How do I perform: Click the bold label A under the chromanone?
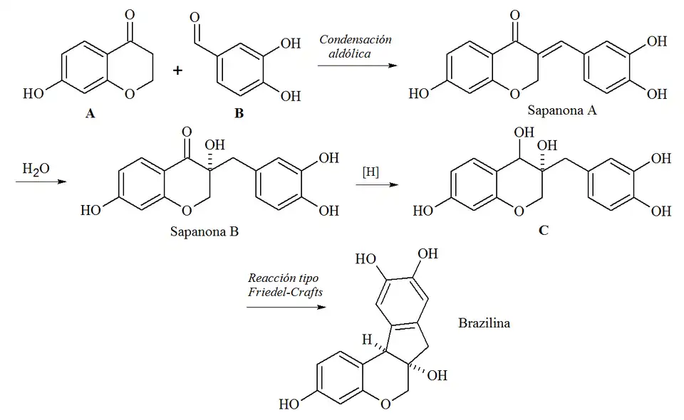click(x=89, y=112)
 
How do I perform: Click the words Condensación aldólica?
click(x=356, y=46)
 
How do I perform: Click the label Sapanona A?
click(x=556, y=111)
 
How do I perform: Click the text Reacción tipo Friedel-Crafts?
click(x=279, y=284)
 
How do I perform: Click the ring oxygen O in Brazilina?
click(x=385, y=406)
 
